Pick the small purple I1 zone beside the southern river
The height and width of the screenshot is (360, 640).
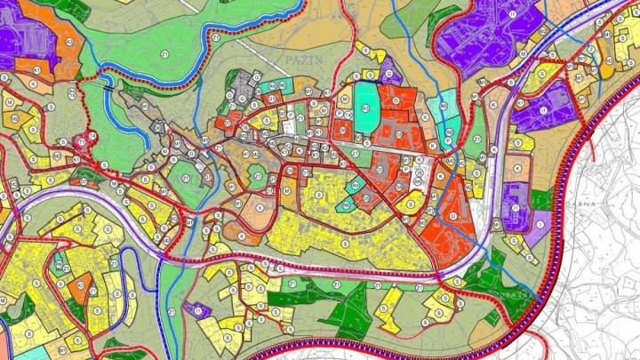point(197,310)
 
